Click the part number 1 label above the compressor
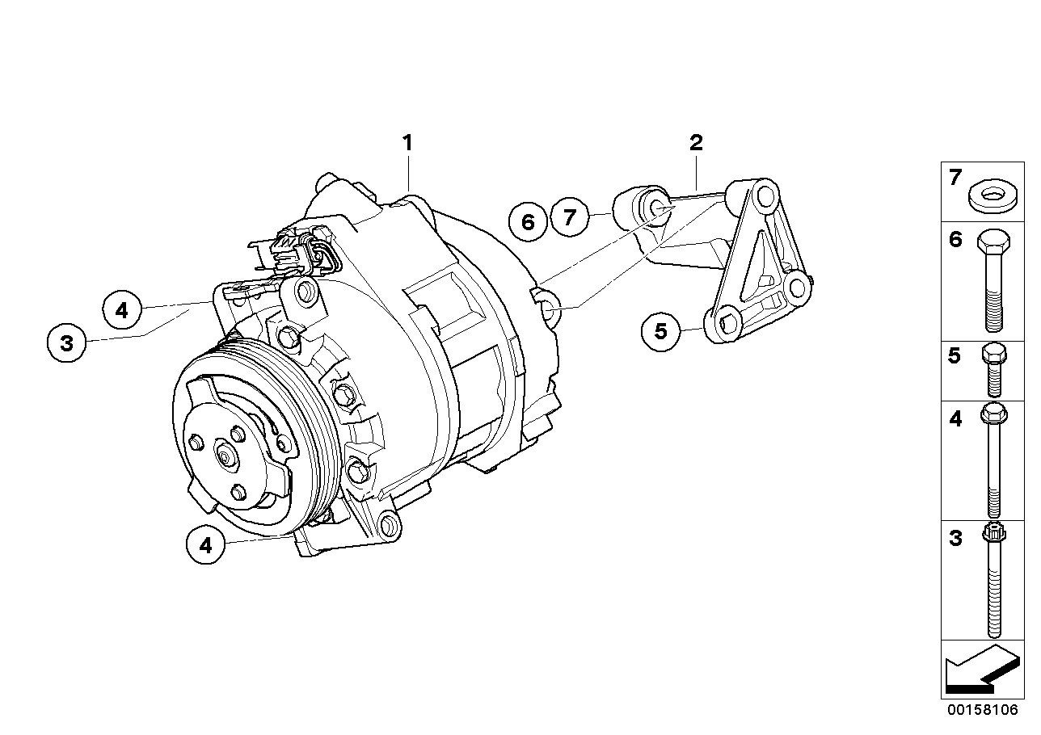408,144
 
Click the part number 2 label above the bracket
696,144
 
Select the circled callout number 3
66,342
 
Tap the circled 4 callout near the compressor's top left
122,310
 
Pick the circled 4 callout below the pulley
206,545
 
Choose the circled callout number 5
661,331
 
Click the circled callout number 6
529,221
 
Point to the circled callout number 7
571,217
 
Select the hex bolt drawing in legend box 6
994,280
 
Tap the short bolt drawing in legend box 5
994,369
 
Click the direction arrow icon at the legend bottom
980,669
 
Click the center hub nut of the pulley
225,457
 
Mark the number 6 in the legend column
955,239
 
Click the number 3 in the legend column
955,539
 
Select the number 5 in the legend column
955,356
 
